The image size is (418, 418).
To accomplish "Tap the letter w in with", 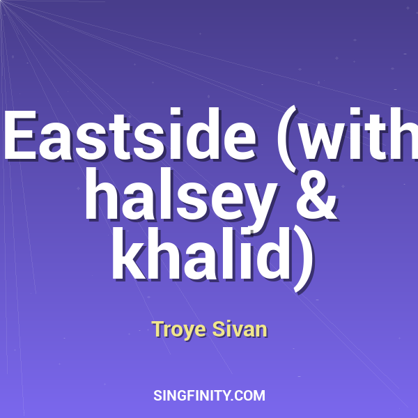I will click(x=331, y=139).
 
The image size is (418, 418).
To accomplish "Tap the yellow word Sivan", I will click(x=240, y=329).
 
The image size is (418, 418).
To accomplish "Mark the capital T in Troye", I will click(x=157, y=328).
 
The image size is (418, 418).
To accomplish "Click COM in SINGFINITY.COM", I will click(x=251, y=396).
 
